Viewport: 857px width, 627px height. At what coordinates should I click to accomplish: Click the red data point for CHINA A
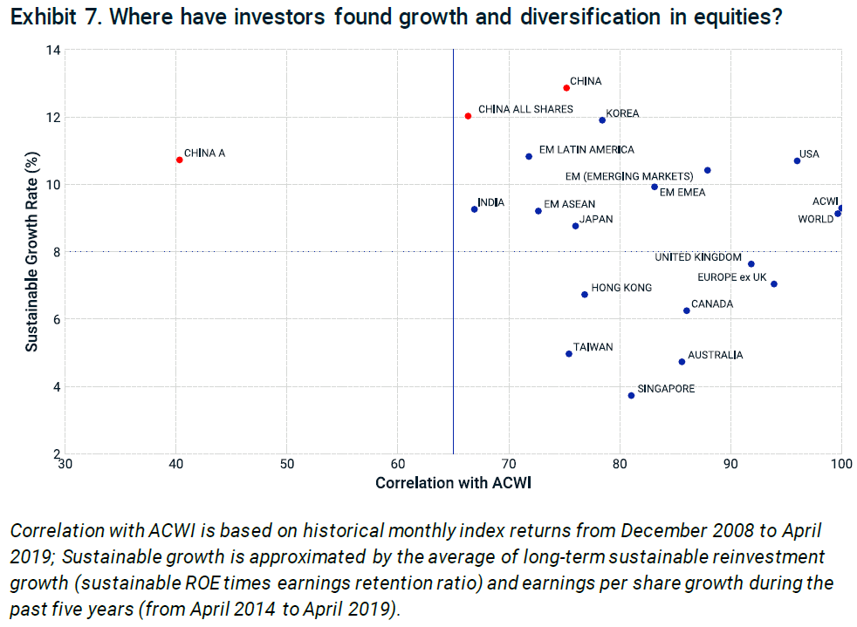(x=179, y=160)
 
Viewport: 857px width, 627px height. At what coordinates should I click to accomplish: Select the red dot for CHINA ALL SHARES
(x=469, y=116)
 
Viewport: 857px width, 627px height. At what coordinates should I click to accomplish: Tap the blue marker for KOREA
(x=602, y=120)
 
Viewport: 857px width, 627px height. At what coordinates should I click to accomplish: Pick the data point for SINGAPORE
(x=631, y=396)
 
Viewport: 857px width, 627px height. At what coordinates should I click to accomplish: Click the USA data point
(x=797, y=160)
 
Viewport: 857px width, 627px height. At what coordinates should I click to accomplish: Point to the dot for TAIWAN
(x=569, y=354)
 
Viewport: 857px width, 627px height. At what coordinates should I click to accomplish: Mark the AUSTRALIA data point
(x=682, y=362)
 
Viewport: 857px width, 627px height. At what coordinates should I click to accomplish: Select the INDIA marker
(x=474, y=209)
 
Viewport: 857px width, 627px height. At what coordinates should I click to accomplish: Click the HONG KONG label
(x=621, y=288)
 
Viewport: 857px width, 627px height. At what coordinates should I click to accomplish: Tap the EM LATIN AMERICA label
(x=586, y=150)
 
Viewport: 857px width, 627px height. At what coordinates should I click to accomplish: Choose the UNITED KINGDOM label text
(x=698, y=257)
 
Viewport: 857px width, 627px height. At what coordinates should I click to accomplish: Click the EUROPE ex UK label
(x=731, y=277)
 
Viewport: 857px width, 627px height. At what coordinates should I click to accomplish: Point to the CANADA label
(x=712, y=304)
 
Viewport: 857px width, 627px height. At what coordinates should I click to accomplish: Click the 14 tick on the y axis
(x=54, y=50)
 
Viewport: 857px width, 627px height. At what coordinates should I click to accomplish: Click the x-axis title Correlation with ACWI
(x=453, y=483)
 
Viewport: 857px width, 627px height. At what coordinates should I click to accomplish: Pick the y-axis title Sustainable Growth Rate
(x=31, y=251)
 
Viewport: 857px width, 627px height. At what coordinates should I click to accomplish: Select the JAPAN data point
(x=575, y=226)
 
